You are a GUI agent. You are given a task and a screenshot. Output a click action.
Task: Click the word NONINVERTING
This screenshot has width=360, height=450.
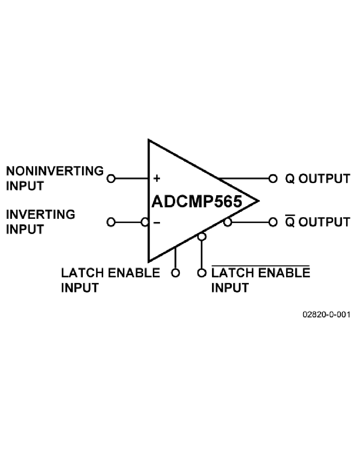55,171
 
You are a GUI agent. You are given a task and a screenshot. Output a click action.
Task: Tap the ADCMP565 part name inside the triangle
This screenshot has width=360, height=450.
197,201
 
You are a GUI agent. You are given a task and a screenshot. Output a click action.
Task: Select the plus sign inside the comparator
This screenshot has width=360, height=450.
157,178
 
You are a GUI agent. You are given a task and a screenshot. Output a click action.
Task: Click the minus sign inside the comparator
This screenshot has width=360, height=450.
157,222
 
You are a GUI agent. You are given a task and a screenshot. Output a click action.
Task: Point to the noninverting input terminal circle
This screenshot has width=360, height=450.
111,178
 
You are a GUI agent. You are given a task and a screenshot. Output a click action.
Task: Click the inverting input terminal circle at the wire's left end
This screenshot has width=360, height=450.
111,222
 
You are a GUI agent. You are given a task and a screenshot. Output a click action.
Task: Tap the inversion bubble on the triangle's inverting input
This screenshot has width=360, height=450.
145,222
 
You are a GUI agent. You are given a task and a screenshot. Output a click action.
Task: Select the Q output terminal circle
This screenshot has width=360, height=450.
273,178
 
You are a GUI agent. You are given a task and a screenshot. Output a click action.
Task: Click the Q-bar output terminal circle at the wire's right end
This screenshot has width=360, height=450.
273,222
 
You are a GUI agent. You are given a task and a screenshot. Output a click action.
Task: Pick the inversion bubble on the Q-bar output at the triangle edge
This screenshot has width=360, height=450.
228,222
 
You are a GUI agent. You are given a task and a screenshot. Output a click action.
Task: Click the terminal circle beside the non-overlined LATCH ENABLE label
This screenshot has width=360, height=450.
175,273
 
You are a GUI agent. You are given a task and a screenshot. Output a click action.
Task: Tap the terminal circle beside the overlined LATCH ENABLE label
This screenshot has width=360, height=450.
202,273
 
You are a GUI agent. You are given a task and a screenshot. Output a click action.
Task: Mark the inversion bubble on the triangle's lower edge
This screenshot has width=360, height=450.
202,237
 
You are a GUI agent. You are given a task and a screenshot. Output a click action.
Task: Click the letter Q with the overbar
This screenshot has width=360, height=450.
290,222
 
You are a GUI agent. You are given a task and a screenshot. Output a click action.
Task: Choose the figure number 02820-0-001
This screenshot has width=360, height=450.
326,315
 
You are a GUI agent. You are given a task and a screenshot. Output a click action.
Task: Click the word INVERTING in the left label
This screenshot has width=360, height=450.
40,214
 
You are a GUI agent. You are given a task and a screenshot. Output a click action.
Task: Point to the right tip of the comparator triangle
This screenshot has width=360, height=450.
258,200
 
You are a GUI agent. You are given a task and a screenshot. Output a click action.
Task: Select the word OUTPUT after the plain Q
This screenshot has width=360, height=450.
324,178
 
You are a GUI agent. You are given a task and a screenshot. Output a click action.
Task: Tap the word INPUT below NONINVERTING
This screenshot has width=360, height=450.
25,186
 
